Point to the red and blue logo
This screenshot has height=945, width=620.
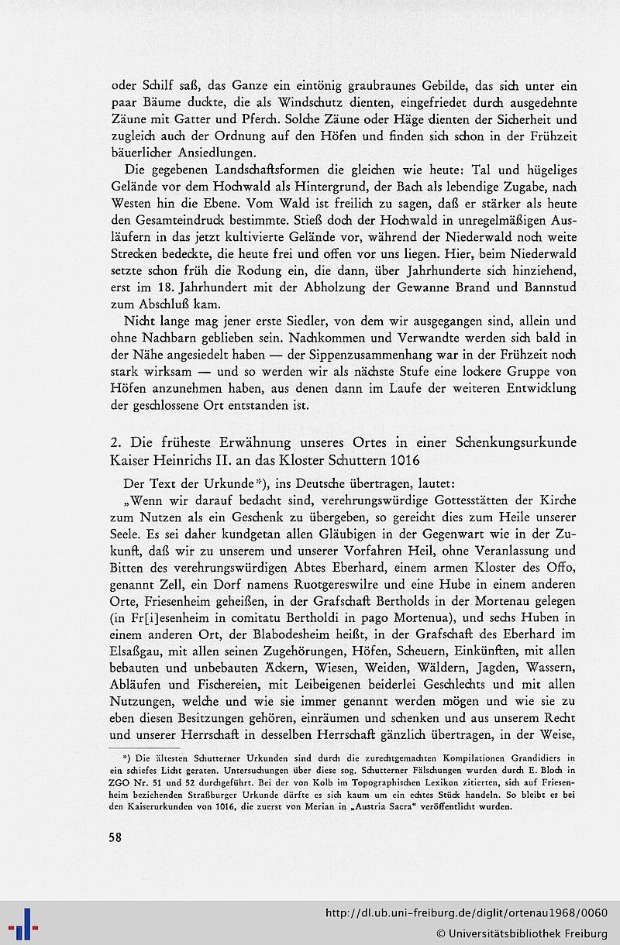coord(22,924)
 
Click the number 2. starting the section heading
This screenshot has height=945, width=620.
coord(117,442)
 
